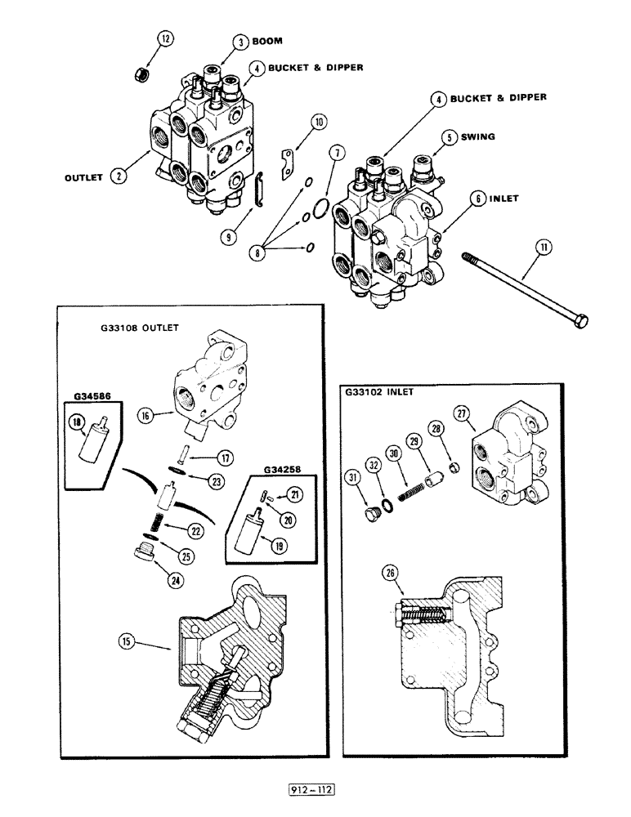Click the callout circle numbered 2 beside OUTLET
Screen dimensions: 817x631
coord(119,175)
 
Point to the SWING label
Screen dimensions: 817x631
coord(477,137)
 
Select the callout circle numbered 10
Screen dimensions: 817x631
coord(319,123)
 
